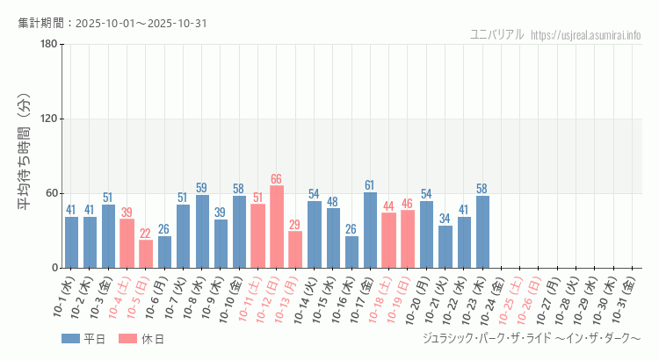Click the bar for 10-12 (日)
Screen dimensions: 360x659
pos(277,227)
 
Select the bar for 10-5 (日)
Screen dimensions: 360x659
pos(146,254)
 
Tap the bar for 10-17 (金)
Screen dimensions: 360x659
pos(370,230)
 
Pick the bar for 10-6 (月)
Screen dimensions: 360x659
pos(164,252)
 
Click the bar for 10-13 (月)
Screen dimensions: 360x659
pos(295,249)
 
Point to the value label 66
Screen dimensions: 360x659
pos(277,179)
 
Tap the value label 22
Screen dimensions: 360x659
pos(146,234)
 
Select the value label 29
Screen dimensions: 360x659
pos(295,225)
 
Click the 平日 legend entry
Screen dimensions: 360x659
pos(83,339)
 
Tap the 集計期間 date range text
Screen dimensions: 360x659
pos(112,23)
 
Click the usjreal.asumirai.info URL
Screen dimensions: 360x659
pos(586,35)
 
